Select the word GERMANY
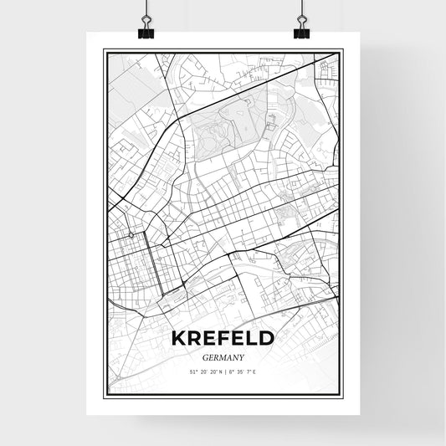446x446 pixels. pos(222,356)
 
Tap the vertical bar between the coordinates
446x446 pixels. pos(223,372)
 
